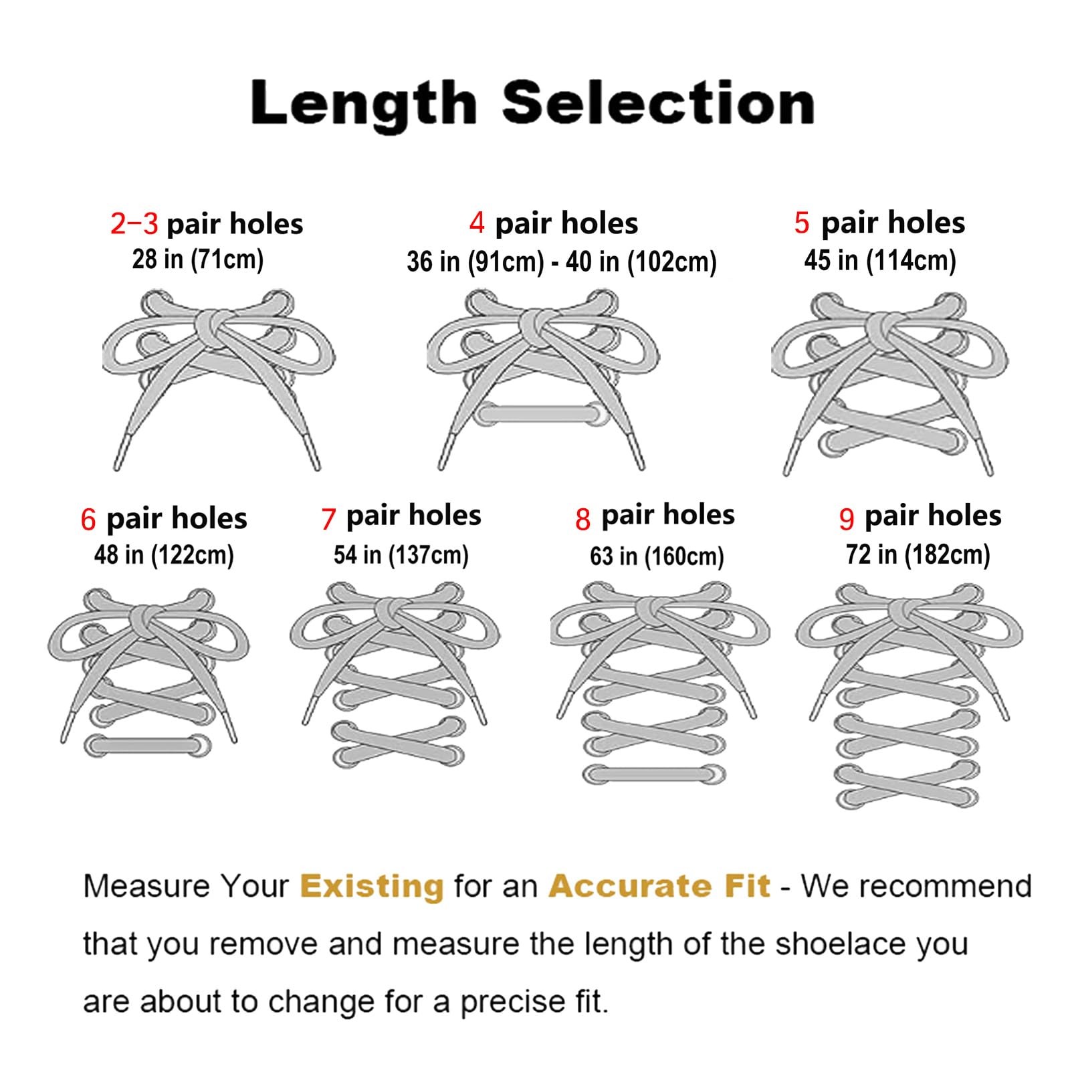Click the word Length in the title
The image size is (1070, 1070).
363,102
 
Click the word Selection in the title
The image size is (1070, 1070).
658,102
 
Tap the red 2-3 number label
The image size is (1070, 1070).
134,224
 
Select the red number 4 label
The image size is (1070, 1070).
477,223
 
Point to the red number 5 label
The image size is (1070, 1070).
802,223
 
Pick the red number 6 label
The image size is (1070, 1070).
88,520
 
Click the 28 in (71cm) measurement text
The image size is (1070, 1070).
198,259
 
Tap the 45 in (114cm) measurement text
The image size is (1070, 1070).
880,260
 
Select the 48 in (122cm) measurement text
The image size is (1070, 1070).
164,555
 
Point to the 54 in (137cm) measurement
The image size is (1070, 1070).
401,555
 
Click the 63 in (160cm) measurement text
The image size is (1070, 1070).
657,556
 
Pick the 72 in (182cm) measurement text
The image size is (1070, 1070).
918,555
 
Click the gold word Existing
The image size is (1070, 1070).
372,886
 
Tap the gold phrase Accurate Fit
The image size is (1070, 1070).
659,886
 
